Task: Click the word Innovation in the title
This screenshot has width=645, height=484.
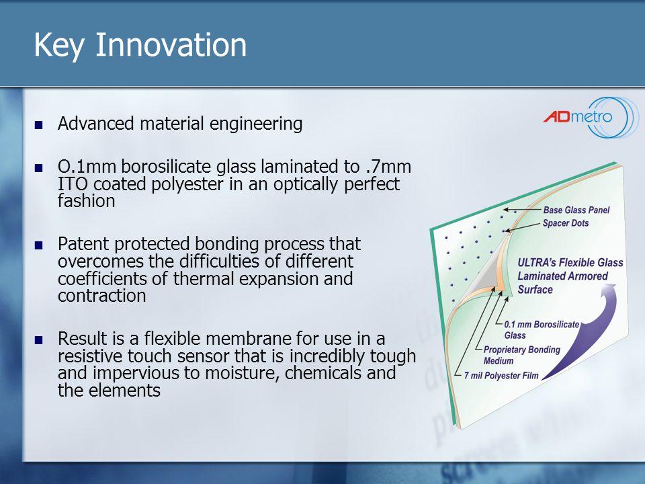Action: click(171, 44)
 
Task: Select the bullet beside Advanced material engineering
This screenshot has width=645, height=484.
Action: click(39, 125)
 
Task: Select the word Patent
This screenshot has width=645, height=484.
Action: click(83, 243)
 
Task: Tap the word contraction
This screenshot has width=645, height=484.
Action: click(102, 296)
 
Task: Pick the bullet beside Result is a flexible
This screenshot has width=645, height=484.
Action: click(39, 340)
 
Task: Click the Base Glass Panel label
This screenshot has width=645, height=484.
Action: click(576, 210)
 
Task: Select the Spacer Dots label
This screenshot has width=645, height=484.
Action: click(566, 223)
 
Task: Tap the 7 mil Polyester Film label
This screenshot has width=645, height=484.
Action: click(501, 375)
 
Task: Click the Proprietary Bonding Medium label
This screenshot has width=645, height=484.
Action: click(521, 355)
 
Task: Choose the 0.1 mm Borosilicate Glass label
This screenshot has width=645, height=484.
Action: click(542, 329)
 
